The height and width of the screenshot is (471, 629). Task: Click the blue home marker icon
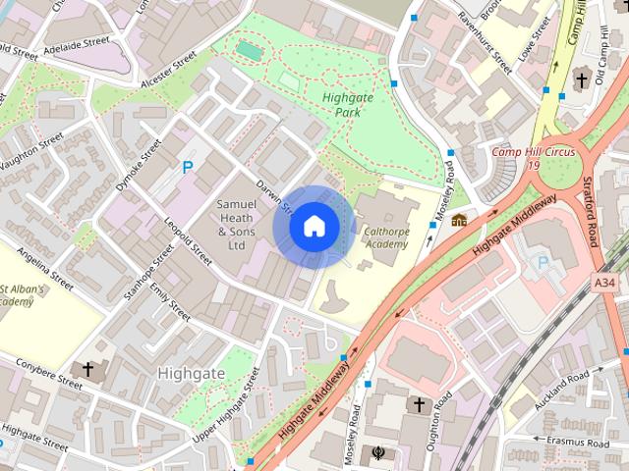tap(313, 226)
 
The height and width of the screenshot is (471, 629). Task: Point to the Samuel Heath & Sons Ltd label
tap(236, 225)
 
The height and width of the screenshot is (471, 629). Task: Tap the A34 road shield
tap(606, 283)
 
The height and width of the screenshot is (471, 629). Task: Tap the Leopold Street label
tap(187, 241)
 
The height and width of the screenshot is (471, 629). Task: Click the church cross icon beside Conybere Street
tap(88, 370)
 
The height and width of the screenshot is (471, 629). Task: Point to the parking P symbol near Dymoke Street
tap(187, 168)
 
